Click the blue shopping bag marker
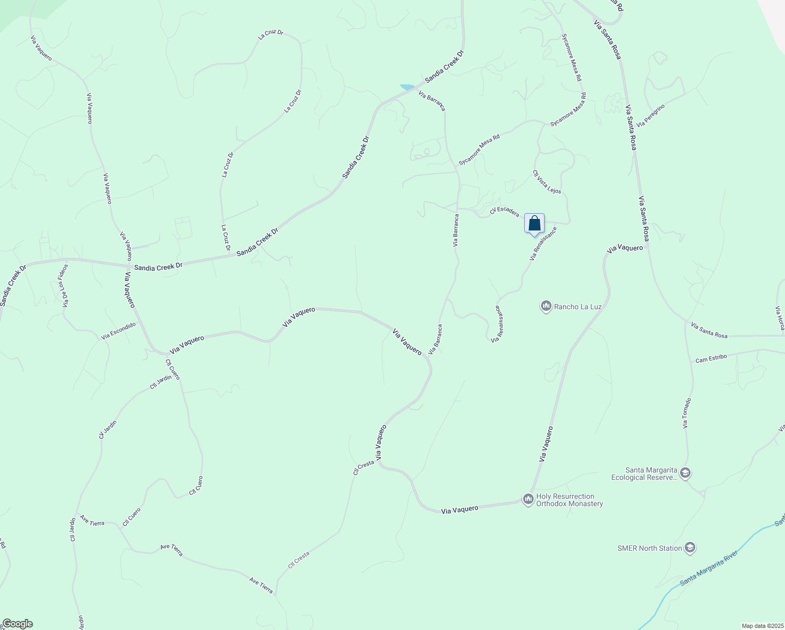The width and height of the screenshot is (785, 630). click(x=534, y=224)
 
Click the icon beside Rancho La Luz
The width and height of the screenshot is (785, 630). click(x=546, y=306)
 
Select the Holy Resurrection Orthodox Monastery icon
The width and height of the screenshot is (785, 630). click(x=528, y=499)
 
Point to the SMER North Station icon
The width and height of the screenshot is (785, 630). click(x=689, y=549)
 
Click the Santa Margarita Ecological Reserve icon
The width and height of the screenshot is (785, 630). click(x=685, y=474)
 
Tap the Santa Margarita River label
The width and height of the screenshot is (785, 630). click(x=709, y=568)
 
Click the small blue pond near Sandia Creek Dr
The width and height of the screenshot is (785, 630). click(x=407, y=87)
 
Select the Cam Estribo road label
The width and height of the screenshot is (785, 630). click(x=711, y=359)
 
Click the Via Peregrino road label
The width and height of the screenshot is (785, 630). click(x=651, y=115)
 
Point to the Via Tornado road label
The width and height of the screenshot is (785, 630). click(x=687, y=413)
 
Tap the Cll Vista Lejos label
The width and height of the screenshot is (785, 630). click(x=547, y=182)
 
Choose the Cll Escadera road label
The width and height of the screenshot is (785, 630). click(x=504, y=211)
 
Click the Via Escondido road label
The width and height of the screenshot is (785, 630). click(x=119, y=331)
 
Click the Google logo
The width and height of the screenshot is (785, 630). click(x=17, y=624)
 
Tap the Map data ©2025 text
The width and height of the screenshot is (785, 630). click(x=762, y=626)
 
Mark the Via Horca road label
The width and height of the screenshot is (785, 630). click(x=781, y=318)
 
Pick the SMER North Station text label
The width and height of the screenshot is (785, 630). click(x=650, y=549)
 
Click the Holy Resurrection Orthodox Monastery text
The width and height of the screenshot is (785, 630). click(x=569, y=500)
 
